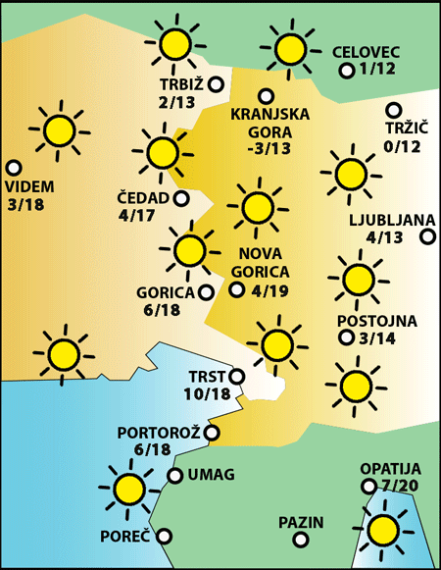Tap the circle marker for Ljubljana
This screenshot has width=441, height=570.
pos(427,236)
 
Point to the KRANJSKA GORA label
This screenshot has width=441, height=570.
pos(269,123)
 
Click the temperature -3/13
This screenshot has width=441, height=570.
pos(269,149)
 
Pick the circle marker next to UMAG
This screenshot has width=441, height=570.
pos(174,476)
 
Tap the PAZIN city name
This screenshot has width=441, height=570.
pos(300,523)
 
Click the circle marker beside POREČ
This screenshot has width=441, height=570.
pos(165,536)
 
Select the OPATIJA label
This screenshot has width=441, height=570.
pos(390,469)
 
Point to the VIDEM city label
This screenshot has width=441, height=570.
pos(29,187)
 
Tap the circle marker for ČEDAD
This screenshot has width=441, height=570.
pos(181,198)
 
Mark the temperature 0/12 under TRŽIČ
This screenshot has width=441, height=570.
pos(402,147)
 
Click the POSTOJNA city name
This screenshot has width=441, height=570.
pos(376,321)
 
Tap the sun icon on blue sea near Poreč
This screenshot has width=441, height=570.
pos(128,488)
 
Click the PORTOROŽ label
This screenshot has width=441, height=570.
pos(159,432)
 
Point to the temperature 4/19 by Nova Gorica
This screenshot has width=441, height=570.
pos(271,290)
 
